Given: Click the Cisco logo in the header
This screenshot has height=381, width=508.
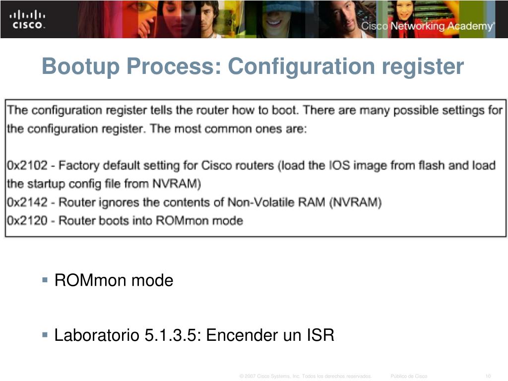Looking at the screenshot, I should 28,19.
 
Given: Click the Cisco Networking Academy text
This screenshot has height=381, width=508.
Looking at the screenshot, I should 427,26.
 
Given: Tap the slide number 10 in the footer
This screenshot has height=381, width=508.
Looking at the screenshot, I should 488,376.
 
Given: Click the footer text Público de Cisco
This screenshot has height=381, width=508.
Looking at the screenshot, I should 409,376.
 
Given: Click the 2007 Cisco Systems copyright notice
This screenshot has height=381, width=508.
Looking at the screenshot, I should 305,376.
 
